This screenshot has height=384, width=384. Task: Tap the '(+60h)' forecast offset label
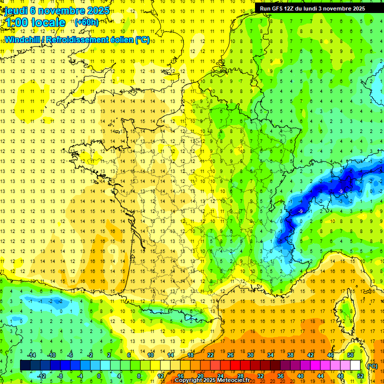86,22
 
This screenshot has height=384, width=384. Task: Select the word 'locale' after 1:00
48,22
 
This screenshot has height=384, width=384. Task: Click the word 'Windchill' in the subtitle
22,39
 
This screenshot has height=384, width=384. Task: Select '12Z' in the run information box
295,8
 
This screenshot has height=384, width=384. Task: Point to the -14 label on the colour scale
31,355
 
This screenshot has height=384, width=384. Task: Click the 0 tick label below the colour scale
99,375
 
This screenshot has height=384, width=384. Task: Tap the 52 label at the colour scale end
360,375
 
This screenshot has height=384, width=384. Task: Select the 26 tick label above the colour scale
230,355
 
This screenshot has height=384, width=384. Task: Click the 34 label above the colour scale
270,355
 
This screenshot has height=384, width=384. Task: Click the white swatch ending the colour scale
355,365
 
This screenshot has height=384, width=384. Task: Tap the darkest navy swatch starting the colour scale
25,365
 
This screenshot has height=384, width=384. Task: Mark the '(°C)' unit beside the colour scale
372,365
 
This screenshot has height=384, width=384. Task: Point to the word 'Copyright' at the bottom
189,380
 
